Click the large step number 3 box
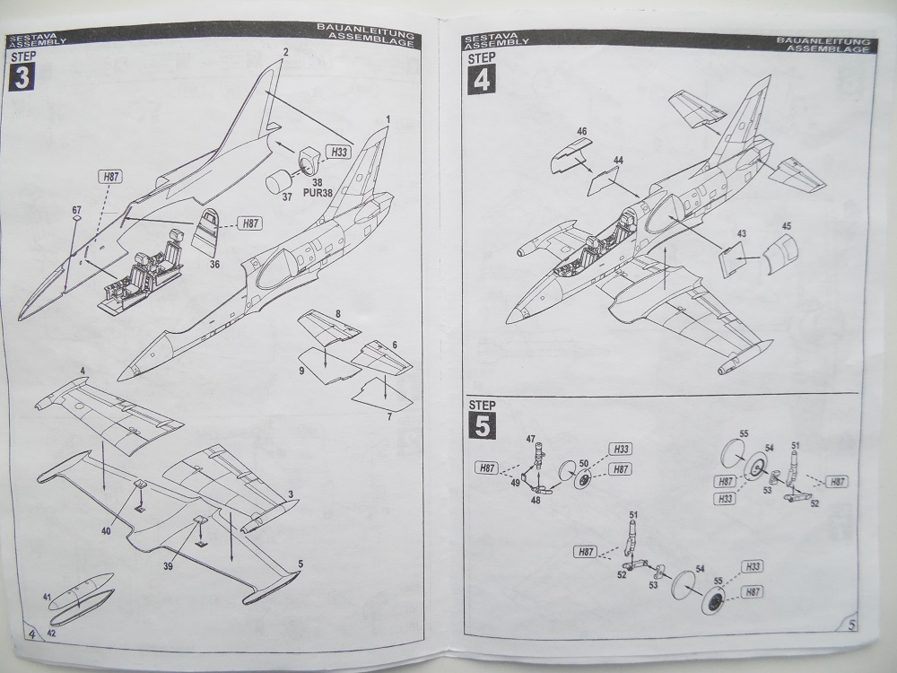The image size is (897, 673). [x=21, y=77]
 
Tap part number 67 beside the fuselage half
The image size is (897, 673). [x=77, y=209]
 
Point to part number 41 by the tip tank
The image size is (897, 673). [x=46, y=596]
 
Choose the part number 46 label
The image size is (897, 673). [x=582, y=132]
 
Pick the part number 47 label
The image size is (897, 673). [x=530, y=438]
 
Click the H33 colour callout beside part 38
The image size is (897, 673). [x=338, y=153]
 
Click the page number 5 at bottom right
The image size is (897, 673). [x=851, y=625]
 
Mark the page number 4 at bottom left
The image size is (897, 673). [x=31, y=634]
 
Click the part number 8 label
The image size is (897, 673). [x=336, y=312]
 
